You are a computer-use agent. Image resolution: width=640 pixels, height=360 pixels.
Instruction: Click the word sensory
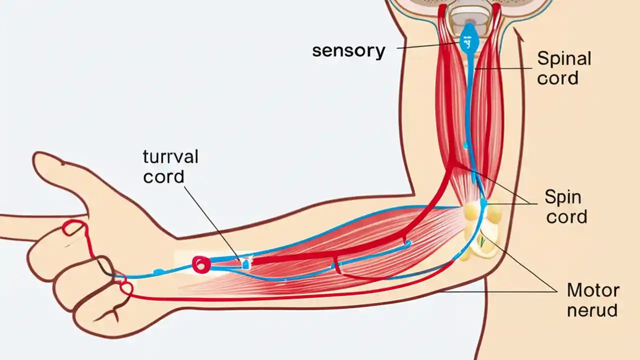click(x=348, y=51)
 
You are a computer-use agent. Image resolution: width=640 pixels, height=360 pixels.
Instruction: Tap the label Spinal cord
click(x=564, y=68)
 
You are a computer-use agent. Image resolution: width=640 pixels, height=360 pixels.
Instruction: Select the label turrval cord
click(x=170, y=166)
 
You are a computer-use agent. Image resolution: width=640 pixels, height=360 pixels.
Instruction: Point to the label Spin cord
click(x=565, y=206)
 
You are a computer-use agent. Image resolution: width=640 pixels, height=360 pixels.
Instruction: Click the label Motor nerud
click(x=592, y=300)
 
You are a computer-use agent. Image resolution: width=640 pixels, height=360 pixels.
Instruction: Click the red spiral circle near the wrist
click(x=201, y=264)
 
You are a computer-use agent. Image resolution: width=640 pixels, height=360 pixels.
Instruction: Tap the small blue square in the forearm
click(x=245, y=264)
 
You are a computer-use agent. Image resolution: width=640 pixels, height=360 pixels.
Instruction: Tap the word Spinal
click(x=564, y=58)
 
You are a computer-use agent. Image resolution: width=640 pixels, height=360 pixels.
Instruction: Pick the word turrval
click(x=170, y=156)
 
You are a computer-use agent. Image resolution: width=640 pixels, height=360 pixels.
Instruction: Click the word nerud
click(x=592, y=310)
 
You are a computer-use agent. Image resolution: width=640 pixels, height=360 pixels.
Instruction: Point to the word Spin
click(x=563, y=196)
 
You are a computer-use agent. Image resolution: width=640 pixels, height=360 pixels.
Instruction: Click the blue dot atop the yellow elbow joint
click(x=483, y=202)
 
